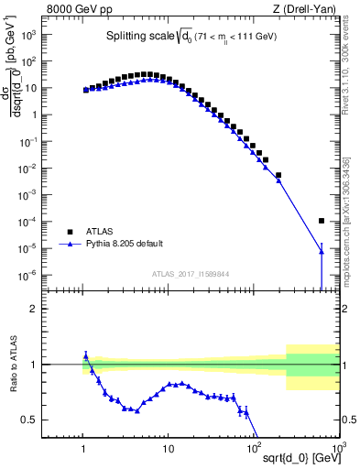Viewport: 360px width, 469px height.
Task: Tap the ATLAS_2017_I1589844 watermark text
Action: (191, 273)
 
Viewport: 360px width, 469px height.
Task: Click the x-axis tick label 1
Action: (84, 448)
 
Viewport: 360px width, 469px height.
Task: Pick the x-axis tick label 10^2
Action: (253, 448)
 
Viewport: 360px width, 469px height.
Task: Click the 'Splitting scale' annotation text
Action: (137, 37)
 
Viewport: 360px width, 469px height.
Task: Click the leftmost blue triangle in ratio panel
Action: (85, 354)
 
